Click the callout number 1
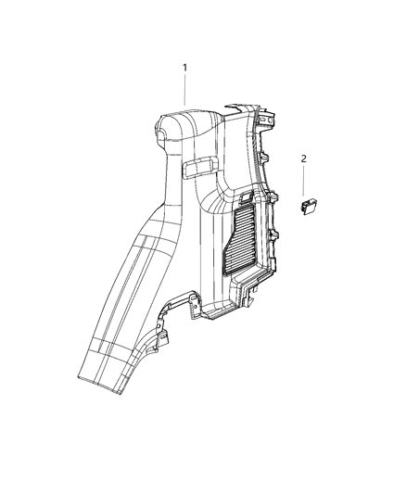[184, 68]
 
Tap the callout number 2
[303, 158]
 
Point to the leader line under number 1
[184, 91]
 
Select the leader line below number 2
[303, 182]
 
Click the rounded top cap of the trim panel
[185, 124]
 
